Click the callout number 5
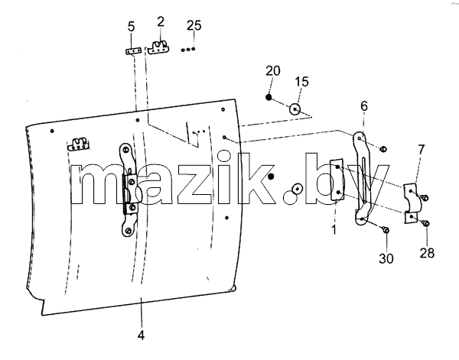pyautogui.click(x=131, y=26)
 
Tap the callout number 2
pyautogui.click(x=161, y=22)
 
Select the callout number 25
pyautogui.click(x=194, y=25)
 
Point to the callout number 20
pyautogui.click(x=273, y=71)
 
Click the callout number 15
pyautogui.click(x=302, y=82)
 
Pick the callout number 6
pyautogui.click(x=364, y=106)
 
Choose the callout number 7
pyautogui.click(x=421, y=150)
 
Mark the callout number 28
pyautogui.click(x=427, y=253)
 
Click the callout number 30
pyautogui.click(x=386, y=258)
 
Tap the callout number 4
pyautogui.click(x=141, y=335)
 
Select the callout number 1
pyautogui.click(x=334, y=229)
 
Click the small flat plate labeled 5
pyautogui.click(x=133, y=51)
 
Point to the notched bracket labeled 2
pyautogui.click(x=159, y=47)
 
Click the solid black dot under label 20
pyautogui.click(x=269, y=97)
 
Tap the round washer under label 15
pyautogui.click(x=295, y=109)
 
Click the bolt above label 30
pyautogui.click(x=386, y=231)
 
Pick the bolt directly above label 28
pyautogui.click(x=426, y=224)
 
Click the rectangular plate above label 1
pyautogui.click(x=337, y=180)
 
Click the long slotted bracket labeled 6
pyautogui.click(x=363, y=178)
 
